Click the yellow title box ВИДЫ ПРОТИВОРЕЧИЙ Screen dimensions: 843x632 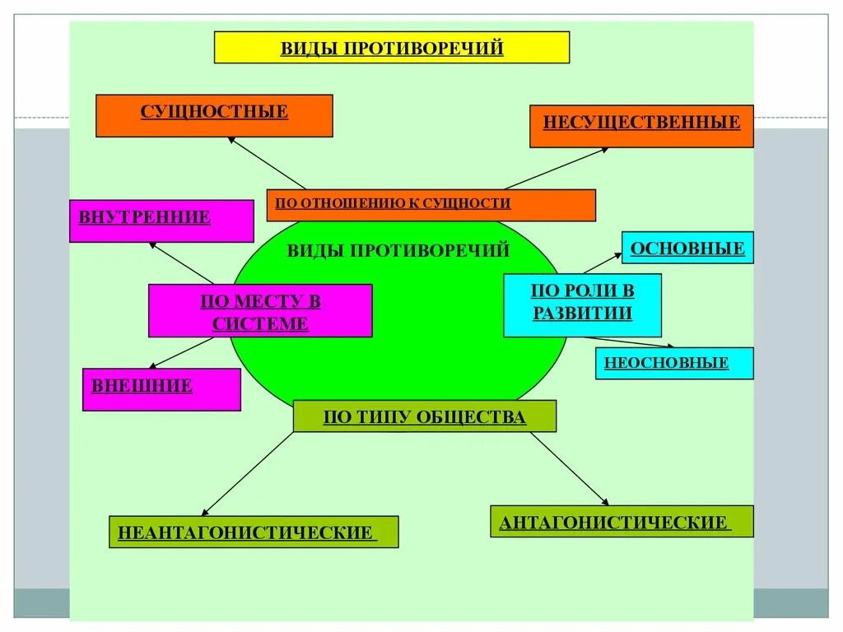click(x=392, y=48)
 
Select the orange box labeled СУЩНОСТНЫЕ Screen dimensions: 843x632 click(x=214, y=115)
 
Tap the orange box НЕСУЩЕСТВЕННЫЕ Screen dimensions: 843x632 click(x=641, y=126)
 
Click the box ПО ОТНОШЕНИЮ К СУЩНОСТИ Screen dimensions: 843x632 click(x=431, y=205)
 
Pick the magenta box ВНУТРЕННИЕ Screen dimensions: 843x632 click(x=161, y=221)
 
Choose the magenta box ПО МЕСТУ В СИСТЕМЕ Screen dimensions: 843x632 click(x=260, y=311)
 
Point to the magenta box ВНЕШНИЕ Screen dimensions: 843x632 click(x=161, y=389)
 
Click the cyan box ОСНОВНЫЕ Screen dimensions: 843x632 click(x=687, y=248)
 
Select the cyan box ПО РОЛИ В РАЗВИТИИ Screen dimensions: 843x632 click(x=582, y=304)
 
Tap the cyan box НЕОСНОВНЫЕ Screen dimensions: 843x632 click(x=673, y=363)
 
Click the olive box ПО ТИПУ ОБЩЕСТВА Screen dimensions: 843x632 click(x=425, y=416)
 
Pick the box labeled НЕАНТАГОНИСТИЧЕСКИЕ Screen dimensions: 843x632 click(x=254, y=532)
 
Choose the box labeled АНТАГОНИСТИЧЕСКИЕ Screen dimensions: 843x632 click(x=622, y=521)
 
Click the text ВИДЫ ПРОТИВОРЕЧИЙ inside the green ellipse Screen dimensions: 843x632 click(x=398, y=250)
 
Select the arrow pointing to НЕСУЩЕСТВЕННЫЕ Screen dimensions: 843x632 click(x=557, y=168)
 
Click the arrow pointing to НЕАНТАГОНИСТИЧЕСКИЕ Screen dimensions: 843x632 click(x=247, y=475)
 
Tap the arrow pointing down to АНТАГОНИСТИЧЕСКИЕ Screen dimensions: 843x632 click(x=569, y=468)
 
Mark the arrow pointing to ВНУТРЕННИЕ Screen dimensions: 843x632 click(x=181, y=263)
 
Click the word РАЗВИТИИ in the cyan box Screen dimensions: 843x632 click(x=582, y=314)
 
